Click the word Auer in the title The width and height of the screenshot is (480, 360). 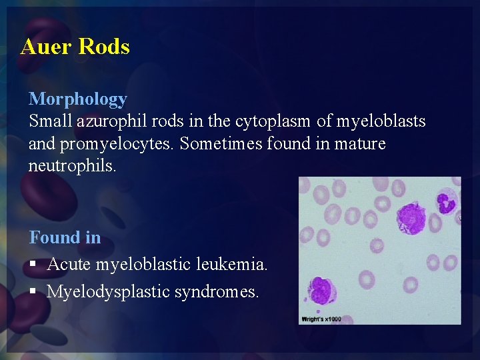(x=46, y=47)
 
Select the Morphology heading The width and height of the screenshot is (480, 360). (x=77, y=99)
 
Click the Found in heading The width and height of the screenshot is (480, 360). (x=65, y=237)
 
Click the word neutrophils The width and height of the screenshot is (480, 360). (x=72, y=165)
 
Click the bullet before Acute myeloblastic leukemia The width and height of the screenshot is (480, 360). (x=33, y=265)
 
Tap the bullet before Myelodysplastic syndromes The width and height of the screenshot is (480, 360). (x=33, y=292)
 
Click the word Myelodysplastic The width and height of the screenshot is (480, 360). (x=109, y=292)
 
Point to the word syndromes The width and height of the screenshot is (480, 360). (x=217, y=292)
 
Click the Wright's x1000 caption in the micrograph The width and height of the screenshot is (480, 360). (x=321, y=319)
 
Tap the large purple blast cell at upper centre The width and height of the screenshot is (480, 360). (x=411, y=218)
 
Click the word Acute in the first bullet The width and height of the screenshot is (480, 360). (x=69, y=265)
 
